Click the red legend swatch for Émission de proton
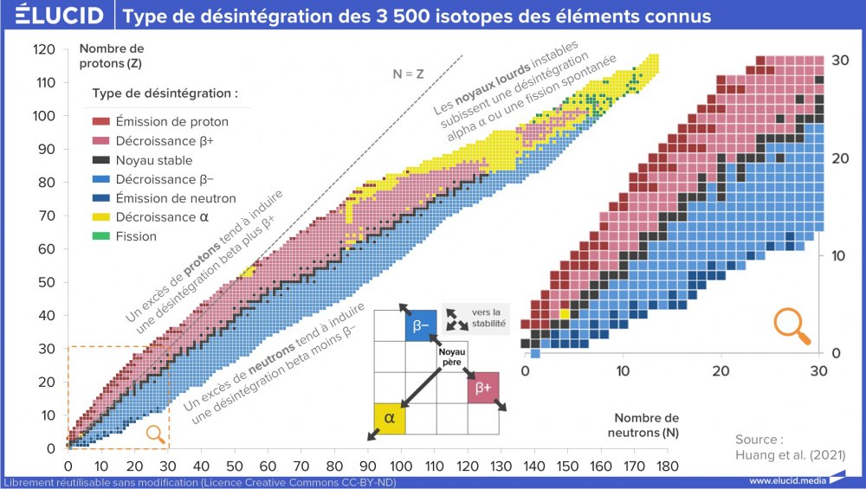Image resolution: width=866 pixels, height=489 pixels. (101, 122)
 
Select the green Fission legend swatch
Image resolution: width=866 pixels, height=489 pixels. (101, 236)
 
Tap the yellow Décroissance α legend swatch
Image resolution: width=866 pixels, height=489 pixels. (101, 217)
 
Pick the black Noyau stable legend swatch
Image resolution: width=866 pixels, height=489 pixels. (101, 160)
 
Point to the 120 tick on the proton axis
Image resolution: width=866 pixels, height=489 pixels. (46, 50)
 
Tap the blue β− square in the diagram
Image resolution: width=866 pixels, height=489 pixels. (421, 325)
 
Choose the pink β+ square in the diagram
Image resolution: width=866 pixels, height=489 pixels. (482, 387)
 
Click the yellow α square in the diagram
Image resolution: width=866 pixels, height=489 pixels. (389, 418)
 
